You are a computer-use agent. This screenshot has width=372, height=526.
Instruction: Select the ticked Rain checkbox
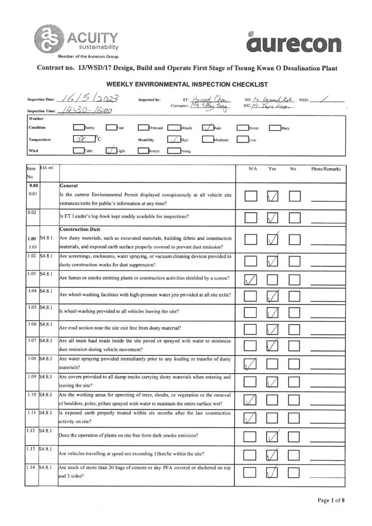[208, 127]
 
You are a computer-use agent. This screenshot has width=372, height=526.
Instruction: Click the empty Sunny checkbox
[78, 127]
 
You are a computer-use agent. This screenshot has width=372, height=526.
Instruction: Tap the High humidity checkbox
[174, 139]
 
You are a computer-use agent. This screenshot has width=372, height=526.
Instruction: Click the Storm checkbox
[242, 127]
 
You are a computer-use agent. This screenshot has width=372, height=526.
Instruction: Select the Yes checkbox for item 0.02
[272, 218]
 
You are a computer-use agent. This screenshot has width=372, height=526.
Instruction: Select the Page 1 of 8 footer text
[331, 500]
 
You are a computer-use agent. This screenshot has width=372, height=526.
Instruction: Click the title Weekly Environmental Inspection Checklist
[187, 84]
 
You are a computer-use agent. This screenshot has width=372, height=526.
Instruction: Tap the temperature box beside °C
[83, 139]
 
